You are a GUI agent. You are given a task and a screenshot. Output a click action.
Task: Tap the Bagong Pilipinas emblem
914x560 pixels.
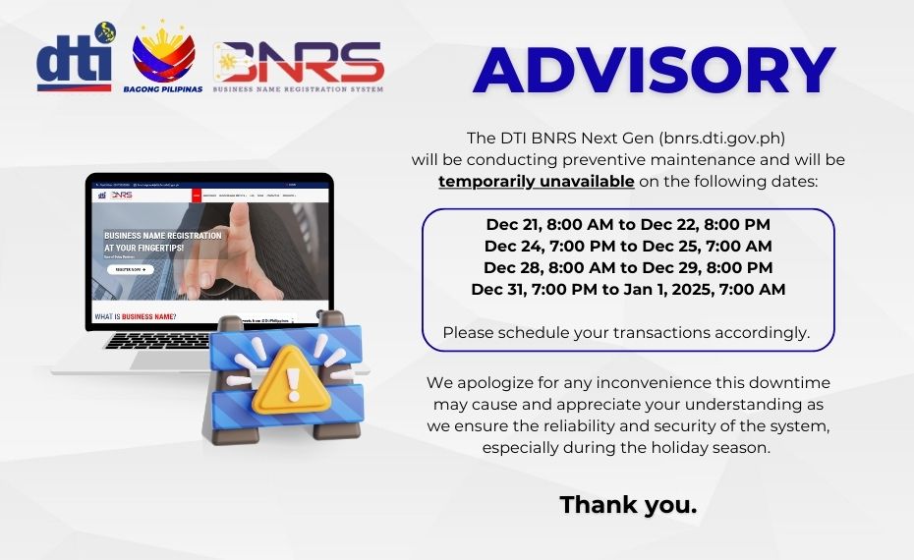[x=163, y=57]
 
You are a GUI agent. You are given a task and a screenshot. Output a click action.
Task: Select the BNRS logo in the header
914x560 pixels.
[x=299, y=65]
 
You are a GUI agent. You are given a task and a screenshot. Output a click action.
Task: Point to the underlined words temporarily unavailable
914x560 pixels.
[x=536, y=182]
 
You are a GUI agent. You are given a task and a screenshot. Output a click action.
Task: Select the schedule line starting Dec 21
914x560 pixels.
[x=628, y=224]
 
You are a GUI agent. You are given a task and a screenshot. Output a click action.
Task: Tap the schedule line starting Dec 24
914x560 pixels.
[x=628, y=246]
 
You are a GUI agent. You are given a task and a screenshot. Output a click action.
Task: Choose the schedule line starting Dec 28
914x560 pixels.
[x=628, y=267]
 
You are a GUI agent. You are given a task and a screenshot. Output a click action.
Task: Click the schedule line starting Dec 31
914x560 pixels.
[x=628, y=289]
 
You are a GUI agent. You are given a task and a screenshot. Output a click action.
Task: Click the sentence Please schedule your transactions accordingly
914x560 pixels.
[x=626, y=332]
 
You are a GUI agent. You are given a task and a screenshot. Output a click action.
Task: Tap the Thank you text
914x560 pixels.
[x=628, y=505]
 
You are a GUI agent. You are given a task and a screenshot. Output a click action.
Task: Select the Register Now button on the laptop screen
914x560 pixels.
[x=129, y=269]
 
